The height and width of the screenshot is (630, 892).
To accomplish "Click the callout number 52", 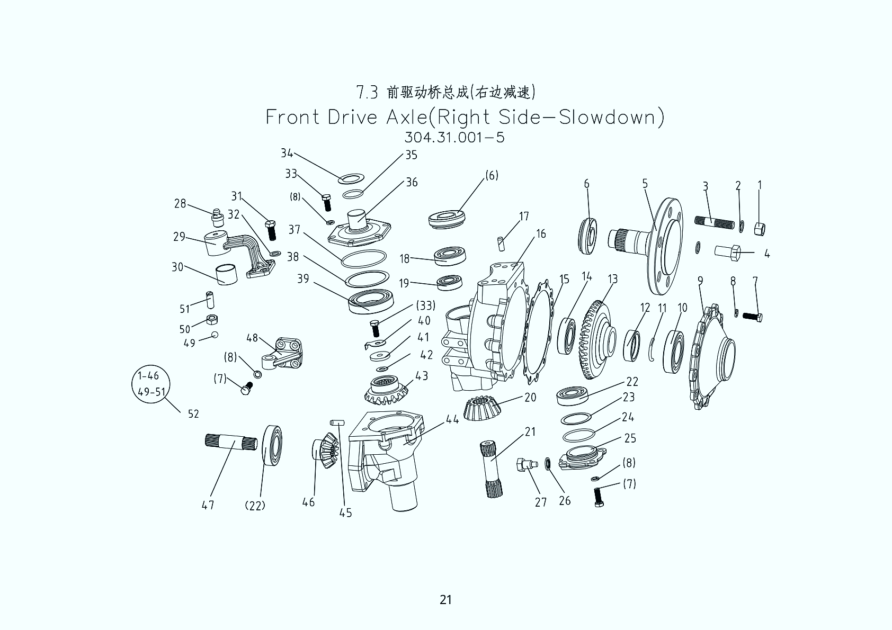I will click(x=193, y=414).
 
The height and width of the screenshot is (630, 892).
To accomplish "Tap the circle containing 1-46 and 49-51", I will click(x=152, y=384).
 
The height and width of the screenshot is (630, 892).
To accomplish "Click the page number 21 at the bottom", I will click(x=445, y=599).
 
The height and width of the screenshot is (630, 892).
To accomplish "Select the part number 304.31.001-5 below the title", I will click(x=454, y=138).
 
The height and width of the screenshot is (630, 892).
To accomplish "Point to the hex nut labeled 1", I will click(x=759, y=229).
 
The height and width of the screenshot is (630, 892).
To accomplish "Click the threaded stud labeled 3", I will click(x=715, y=222).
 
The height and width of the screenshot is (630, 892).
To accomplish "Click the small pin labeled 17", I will click(x=501, y=242).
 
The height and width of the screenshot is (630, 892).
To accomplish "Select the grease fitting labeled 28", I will click(x=216, y=217).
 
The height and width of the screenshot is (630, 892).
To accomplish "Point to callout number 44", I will click(x=452, y=420).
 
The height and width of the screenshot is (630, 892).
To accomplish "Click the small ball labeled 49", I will click(x=215, y=335).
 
